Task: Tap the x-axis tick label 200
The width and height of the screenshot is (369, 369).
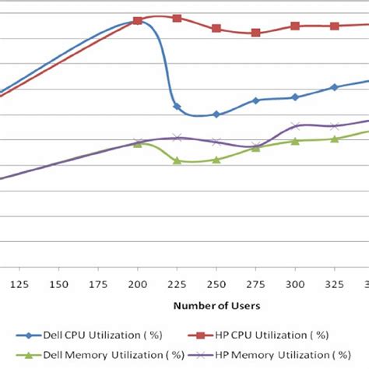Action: [138, 283]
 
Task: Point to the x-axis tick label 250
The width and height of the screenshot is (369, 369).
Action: [216, 283]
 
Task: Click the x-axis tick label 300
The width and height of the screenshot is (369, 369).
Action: [294, 283]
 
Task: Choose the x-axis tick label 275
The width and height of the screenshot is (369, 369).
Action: [255, 283]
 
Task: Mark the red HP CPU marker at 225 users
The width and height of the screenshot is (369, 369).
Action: [177, 18]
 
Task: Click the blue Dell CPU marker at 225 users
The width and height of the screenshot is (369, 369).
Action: [177, 106]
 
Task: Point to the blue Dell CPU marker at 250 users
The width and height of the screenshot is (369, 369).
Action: [216, 114]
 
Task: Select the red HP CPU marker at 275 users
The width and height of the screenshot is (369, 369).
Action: [255, 33]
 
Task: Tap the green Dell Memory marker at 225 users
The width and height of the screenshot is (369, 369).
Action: [177, 160]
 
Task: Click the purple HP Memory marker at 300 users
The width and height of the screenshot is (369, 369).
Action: [295, 125]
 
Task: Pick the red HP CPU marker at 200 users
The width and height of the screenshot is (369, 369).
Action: [138, 20]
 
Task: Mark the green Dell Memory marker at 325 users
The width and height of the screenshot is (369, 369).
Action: [334, 139]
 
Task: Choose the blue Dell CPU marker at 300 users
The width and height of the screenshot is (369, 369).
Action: [295, 97]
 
